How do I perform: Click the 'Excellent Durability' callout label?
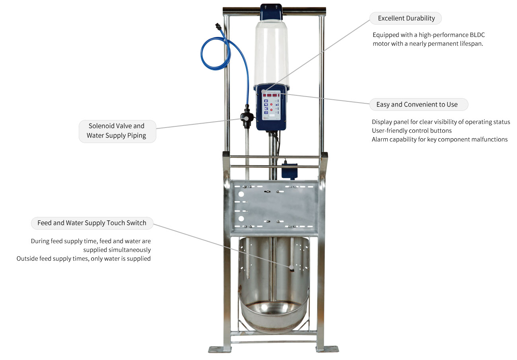(406, 18)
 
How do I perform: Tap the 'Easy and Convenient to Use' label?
(416, 105)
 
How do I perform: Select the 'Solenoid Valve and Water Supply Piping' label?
(117, 131)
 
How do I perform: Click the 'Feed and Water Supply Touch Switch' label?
(92, 223)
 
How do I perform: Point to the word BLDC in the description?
(477, 35)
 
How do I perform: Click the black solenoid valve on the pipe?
(247, 118)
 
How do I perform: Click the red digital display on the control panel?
(272, 95)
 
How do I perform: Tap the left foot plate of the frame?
(219, 349)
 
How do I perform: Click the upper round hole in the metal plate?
(241, 195)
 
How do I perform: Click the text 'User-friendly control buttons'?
(412, 130)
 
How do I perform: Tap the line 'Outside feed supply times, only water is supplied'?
(84, 259)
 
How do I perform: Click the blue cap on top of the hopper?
(271, 12)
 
